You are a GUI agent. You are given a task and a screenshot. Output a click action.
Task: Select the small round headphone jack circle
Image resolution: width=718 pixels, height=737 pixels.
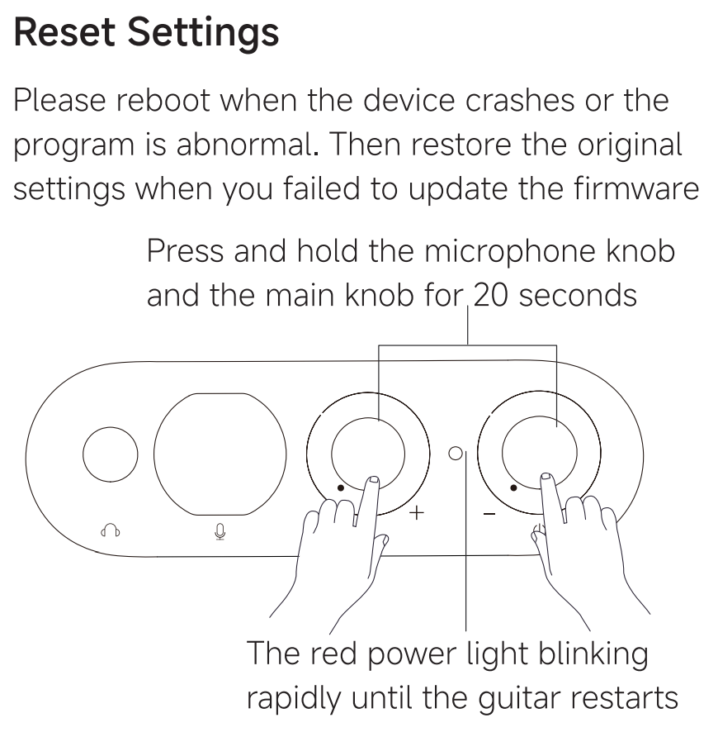point(110,454)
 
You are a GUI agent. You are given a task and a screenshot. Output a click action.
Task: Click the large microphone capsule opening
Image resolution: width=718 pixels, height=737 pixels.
point(220,453)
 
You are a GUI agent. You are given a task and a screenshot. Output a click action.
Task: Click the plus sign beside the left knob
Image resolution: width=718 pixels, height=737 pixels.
point(418,513)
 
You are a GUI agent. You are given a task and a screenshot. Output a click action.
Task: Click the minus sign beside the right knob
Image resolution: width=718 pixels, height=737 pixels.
point(489,514)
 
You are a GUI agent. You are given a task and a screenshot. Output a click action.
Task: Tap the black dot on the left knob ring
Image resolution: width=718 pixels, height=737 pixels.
point(340,487)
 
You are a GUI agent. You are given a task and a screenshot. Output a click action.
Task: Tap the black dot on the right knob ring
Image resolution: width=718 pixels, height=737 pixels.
point(513,487)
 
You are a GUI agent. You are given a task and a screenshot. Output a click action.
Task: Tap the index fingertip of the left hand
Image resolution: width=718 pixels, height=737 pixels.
point(373,480)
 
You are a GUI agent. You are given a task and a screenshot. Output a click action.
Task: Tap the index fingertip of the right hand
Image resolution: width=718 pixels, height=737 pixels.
point(546,478)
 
